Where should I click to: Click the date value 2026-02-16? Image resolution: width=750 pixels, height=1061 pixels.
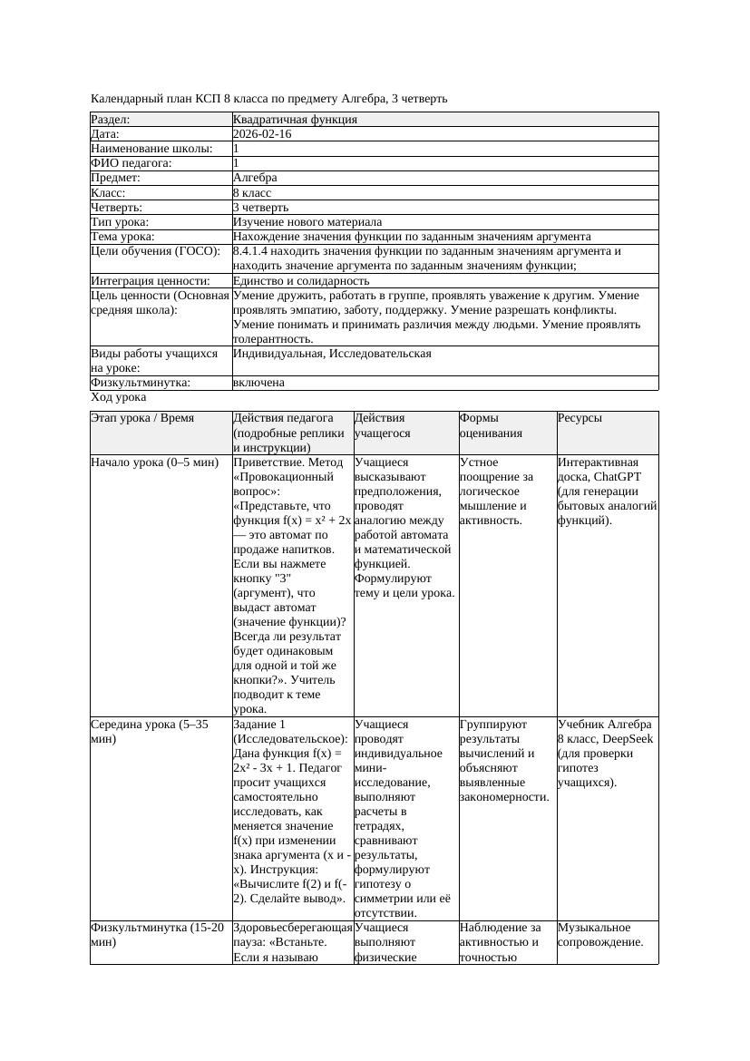(x=262, y=134)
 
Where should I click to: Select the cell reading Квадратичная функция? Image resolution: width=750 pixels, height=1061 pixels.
(x=295, y=120)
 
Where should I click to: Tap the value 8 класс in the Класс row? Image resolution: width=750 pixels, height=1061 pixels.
(x=252, y=193)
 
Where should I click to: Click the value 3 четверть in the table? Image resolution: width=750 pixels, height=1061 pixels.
(x=260, y=208)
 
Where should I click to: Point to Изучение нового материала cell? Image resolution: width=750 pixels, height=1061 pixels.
(x=307, y=222)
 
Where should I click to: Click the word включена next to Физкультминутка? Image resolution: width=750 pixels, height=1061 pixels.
(x=258, y=383)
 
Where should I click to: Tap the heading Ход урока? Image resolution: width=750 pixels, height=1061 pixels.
(x=119, y=397)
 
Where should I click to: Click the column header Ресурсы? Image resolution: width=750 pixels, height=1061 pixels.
(x=580, y=418)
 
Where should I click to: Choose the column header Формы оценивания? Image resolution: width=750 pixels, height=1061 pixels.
(x=489, y=425)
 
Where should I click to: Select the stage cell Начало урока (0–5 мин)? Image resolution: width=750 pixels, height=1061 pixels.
(x=154, y=462)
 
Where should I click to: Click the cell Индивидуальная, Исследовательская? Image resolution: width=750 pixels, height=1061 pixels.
(x=332, y=353)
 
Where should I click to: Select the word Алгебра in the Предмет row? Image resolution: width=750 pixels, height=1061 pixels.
(x=255, y=179)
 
